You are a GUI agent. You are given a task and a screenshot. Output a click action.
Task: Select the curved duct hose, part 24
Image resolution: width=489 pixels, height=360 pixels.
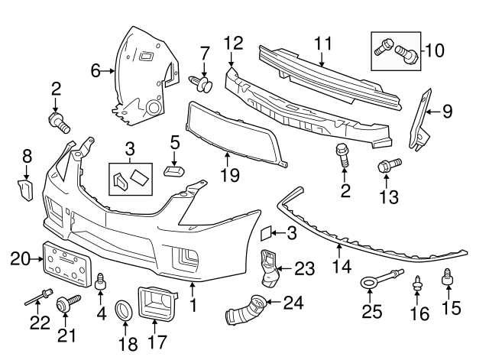click(x=242, y=311)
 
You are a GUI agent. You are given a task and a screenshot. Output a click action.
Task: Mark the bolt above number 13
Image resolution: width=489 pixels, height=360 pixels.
click(x=387, y=164)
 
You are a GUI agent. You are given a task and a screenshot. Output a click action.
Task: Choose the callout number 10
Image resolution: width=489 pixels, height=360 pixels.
click(x=434, y=50)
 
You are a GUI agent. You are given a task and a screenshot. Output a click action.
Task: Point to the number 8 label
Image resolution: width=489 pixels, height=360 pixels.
click(x=28, y=155)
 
